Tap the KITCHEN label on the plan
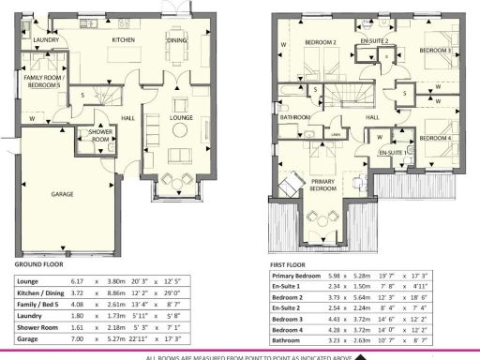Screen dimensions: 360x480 click(x=125, y=41)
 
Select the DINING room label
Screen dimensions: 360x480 click(x=176, y=41)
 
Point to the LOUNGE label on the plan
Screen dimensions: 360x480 click(x=181, y=117)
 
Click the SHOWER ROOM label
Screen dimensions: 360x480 click(x=100, y=136)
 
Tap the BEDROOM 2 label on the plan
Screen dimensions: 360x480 click(x=321, y=42)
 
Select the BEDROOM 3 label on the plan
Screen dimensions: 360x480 click(x=435, y=50)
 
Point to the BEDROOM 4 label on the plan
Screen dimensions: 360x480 click(x=435, y=139)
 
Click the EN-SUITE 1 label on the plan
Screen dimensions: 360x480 click(x=393, y=152)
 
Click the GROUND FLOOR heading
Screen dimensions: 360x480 click(x=38, y=265)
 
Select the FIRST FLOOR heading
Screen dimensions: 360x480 click(x=289, y=265)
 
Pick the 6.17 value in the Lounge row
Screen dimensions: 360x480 click(x=78, y=280)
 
